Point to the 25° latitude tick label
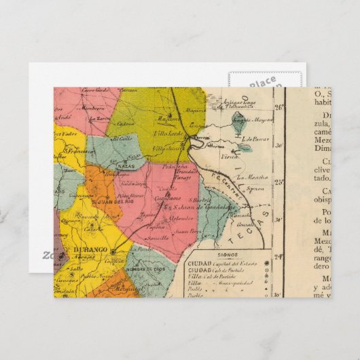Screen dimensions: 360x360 tap(278, 181)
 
